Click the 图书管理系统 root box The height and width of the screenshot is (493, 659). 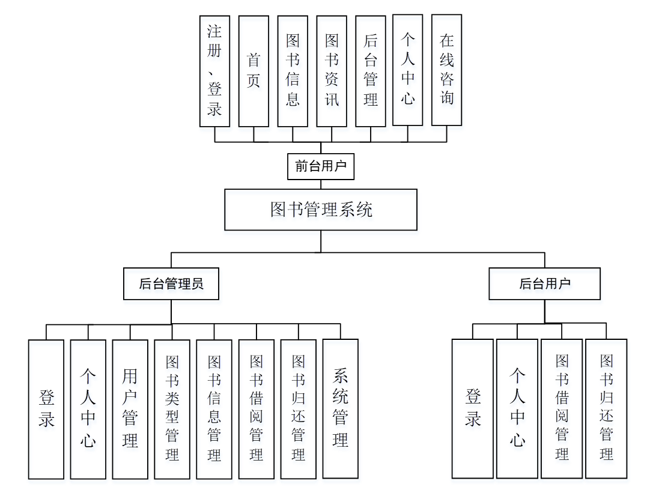pyautogui.click(x=321, y=210)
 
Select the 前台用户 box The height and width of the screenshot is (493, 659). pyautogui.click(x=321, y=166)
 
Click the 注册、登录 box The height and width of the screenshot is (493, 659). pyautogui.click(x=214, y=71)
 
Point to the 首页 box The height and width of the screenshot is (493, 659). pyautogui.click(x=254, y=71)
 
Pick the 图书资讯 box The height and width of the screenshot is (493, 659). pyautogui.click(x=332, y=71)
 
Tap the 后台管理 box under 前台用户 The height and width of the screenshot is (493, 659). pyautogui.click(x=371, y=71)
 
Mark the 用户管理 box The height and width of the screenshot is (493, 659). pyautogui.click(x=130, y=409)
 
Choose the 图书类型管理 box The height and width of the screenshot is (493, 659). pyautogui.click(x=172, y=409)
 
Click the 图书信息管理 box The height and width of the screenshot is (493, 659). pyautogui.click(x=214, y=409)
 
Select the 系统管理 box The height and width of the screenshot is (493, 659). pyautogui.click(x=340, y=408)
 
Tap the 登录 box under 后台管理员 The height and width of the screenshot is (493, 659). pyautogui.click(x=46, y=409)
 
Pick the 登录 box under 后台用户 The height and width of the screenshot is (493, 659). pyautogui.click(x=473, y=408)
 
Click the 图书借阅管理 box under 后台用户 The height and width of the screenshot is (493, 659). pyautogui.click(x=562, y=408)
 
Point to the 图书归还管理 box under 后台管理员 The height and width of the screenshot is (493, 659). pyautogui.click(x=298, y=409)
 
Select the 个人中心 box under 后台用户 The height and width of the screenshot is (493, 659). pyautogui.click(x=517, y=408)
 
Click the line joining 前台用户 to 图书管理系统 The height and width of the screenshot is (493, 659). pyautogui.click(x=321, y=184)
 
